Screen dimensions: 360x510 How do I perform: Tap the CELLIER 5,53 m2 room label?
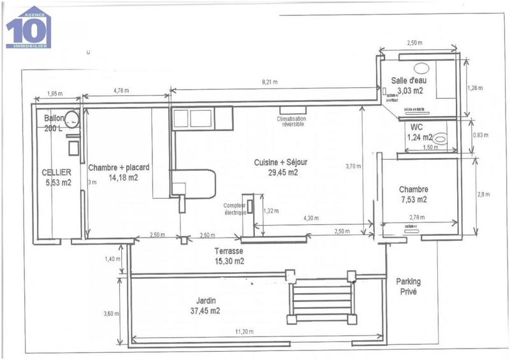tap(56, 177)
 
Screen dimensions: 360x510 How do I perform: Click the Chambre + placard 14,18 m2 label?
tap(119, 173)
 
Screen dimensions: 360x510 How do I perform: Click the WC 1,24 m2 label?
tap(419, 132)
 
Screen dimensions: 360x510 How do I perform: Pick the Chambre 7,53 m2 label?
tap(413, 194)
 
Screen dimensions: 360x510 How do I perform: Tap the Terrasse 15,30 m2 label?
tap(229, 256)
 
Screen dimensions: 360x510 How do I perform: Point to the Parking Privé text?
tap(407, 287)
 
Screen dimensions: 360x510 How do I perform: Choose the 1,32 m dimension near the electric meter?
tap(270, 211)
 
